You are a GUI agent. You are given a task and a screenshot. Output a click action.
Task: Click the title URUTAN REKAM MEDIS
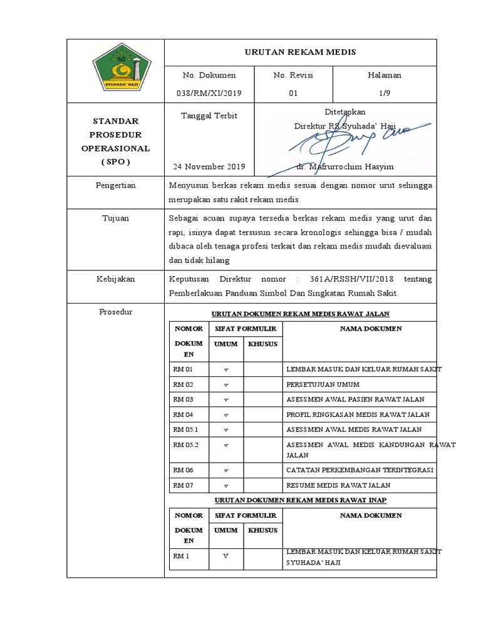[300, 52]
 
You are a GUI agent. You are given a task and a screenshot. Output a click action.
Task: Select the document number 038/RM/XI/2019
[209, 93]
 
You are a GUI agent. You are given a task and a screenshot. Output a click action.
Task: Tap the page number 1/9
[385, 93]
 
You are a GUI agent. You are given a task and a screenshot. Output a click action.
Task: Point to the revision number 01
[293, 93]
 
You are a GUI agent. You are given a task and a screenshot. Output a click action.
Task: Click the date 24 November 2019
[209, 167]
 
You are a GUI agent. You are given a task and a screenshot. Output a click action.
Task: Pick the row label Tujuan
[115, 218]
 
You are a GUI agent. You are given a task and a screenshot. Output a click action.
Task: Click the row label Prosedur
[115, 312]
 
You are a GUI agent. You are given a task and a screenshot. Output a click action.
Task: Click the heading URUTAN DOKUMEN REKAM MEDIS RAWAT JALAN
[300, 314]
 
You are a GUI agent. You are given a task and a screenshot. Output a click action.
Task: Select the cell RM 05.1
[185, 429]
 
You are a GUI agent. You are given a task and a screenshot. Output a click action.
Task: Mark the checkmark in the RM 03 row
[225, 399]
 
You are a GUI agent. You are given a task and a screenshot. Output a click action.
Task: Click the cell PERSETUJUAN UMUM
[323, 384]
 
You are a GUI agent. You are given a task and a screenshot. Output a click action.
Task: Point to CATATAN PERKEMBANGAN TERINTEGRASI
[360, 469]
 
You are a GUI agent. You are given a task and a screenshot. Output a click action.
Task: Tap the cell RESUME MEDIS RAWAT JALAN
[338, 485]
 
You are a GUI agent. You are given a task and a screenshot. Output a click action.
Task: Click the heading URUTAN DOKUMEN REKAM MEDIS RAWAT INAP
[300, 501]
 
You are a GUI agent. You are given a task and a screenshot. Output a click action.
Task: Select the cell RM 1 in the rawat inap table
[182, 556]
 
